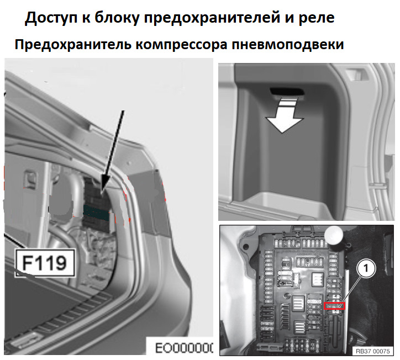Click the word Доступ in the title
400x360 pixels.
point(51,18)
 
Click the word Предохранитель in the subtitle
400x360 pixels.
point(73,45)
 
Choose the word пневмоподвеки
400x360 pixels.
point(288,45)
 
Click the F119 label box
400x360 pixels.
point(45,263)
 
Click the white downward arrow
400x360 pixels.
point(285,116)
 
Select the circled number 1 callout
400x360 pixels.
point(366,268)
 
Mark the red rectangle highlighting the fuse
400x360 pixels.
point(334,306)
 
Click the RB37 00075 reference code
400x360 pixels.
point(373,351)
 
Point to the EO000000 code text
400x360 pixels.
point(184,348)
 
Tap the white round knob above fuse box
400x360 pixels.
point(334,236)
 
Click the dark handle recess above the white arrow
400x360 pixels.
point(286,92)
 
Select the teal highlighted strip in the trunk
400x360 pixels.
point(96,212)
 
